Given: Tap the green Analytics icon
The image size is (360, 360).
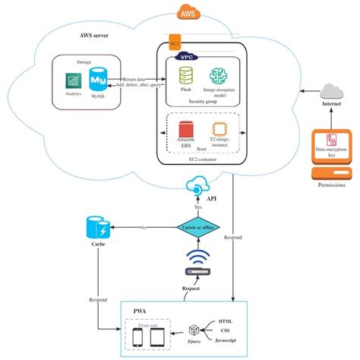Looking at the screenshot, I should click(x=73, y=81).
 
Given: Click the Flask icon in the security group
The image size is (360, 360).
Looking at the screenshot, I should click(x=185, y=75).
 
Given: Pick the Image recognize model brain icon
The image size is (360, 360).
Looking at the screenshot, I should click(x=219, y=75).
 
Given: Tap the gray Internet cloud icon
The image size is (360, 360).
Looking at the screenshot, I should click(x=331, y=92).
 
